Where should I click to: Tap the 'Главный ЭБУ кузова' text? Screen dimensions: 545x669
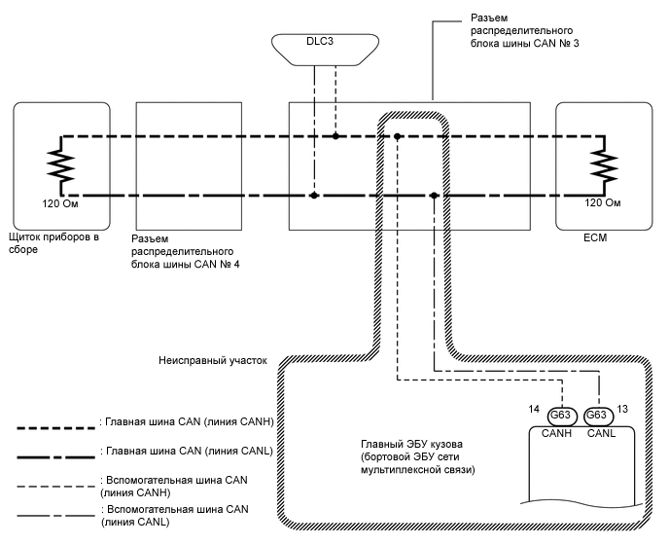point(413,456)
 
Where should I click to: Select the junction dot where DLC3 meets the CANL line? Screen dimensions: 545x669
point(313,196)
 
